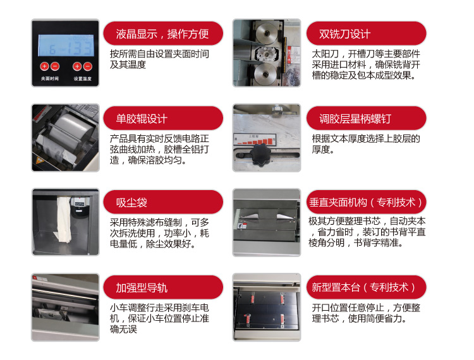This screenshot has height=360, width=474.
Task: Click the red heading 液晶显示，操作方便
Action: tap(162, 34)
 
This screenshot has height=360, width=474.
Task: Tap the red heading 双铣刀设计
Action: tap(344, 34)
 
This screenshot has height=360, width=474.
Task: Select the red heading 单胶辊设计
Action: tap(142, 119)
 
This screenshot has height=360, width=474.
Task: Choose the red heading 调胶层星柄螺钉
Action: tap(355, 119)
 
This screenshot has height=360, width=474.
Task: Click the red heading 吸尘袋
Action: tap(131, 202)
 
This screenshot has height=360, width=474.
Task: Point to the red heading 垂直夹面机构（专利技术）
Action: tap(365, 202)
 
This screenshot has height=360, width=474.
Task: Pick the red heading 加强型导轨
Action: tap(142, 287)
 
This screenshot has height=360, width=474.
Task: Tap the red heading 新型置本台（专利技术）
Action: tap(363, 287)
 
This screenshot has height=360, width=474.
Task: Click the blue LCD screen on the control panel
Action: tap(66, 45)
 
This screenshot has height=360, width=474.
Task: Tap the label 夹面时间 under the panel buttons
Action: tap(50, 79)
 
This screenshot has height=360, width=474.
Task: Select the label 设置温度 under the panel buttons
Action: tap(83, 79)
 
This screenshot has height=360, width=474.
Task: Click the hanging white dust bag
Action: tap(63, 219)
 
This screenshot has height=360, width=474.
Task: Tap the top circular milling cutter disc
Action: tap(266, 32)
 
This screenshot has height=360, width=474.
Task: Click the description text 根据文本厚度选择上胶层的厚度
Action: tap(366, 144)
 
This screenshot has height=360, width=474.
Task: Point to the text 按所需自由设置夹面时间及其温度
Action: tap(159, 59)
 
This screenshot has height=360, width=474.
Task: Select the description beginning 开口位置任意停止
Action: tap(366, 313)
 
